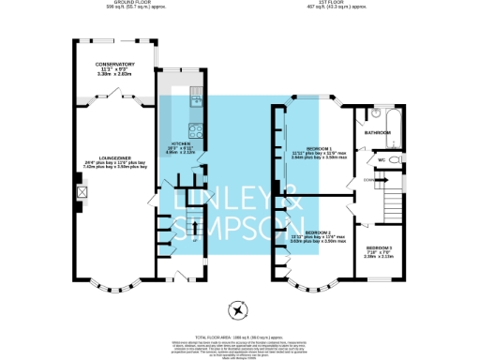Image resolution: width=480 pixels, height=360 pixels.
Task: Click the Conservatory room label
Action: click(x=117, y=65)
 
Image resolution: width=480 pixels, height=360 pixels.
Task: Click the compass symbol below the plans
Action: click(x=238, y=310)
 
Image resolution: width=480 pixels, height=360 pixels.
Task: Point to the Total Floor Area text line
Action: click(x=240, y=335)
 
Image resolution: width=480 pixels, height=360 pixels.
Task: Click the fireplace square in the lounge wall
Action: click(x=82, y=192)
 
